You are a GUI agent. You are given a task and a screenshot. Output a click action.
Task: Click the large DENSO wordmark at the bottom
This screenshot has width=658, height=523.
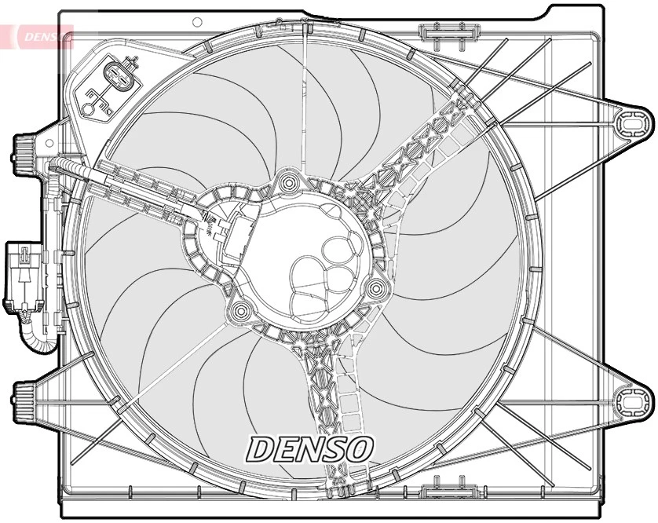[x=310, y=448]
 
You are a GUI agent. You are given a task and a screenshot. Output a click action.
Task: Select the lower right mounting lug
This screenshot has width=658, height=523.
[x=631, y=402]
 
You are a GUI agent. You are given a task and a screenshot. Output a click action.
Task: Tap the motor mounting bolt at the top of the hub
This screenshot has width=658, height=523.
[x=289, y=185]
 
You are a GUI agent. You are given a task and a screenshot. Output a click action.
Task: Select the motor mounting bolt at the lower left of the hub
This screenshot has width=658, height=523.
[x=239, y=311]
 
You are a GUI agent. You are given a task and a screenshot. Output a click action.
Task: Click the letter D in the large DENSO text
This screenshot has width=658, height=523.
[x=262, y=449]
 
